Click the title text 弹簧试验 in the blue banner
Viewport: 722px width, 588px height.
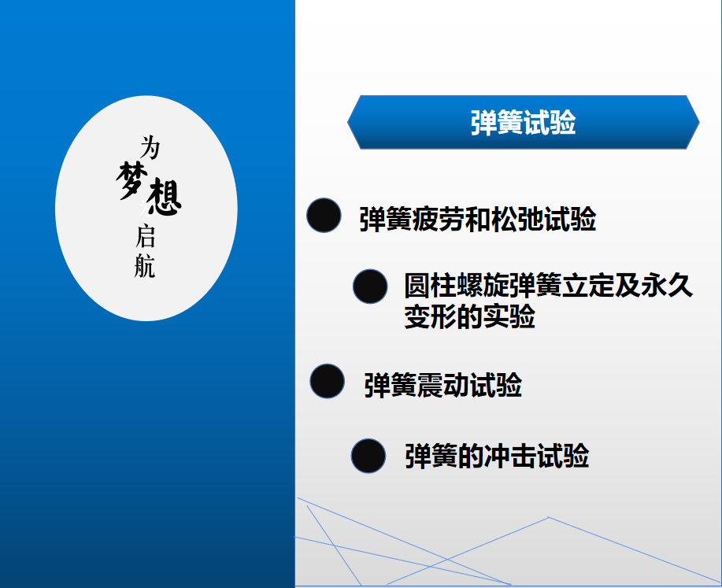click(523, 123)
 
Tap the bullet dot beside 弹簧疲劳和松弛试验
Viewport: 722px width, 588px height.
click(324, 215)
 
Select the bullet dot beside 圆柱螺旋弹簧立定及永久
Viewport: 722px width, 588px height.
click(370, 287)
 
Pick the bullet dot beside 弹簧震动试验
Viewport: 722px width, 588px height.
click(327, 381)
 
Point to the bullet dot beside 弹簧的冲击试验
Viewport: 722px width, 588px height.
click(368, 456)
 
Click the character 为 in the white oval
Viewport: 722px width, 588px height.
click(150, 147)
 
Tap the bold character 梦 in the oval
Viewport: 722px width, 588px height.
click(131, 180)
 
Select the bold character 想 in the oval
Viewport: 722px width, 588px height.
click(162, 198)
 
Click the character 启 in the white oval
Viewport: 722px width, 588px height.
click(145, 236)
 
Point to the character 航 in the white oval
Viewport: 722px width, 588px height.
click(145, 266)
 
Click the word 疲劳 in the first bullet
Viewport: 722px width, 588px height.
click(439, 219)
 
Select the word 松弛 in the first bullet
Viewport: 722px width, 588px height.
click(517, 219)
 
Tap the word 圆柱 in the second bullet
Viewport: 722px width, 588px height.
click(430, 286)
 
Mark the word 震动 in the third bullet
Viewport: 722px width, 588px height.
click(442, 385)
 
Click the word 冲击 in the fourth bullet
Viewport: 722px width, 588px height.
click(510, 456)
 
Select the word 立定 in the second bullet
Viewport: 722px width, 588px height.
click(588, 286)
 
